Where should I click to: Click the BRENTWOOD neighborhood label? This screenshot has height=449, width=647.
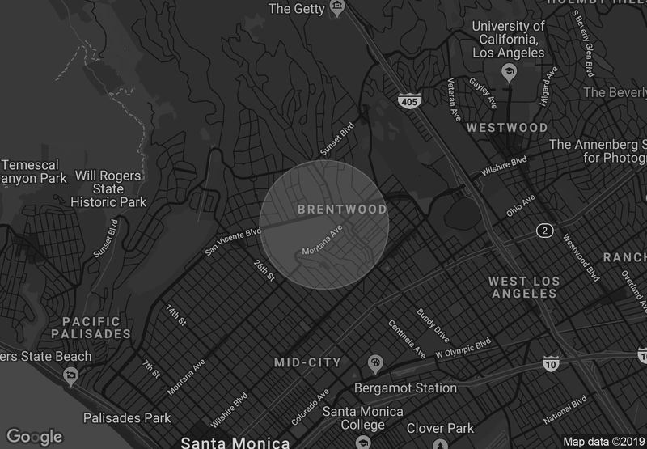click(342, 210)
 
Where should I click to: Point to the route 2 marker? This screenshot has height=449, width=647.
click(545, 231)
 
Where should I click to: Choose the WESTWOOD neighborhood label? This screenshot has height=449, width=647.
click(507, 128)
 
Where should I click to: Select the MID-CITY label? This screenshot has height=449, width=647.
click(307, 362)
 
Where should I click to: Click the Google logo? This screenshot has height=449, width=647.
click(35, 437)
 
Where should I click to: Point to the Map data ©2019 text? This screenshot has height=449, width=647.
click(603, 442)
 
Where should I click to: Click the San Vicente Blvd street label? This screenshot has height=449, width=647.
click(233, 240)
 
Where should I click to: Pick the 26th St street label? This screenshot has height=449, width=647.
click(265, 270)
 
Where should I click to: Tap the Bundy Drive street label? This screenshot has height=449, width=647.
click(432, 323)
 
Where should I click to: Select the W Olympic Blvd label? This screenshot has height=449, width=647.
click(463, 349)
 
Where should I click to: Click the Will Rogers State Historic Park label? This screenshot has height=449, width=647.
click(109, 188)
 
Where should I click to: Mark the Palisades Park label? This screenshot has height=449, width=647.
click(127, 417)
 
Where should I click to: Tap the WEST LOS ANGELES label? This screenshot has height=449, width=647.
click(524, 287)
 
